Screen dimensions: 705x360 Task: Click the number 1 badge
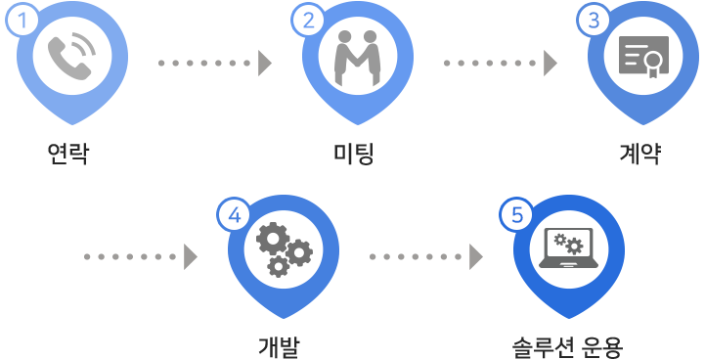click(22, 20)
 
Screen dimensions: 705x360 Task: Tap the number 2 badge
click(308, 20)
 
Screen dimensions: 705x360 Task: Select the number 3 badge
click(594, 20)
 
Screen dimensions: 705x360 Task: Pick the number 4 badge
click(235, 215)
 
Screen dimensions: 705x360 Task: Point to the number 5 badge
click(517, 215)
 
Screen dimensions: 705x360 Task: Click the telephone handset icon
click(71, 57)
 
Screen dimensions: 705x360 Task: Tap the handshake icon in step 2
click(358, 58)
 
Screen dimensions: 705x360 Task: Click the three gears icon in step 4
click(285, 250)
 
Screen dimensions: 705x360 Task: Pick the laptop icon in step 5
click(569, 247)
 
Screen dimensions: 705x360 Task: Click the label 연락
click(67, 154)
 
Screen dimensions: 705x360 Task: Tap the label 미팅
click(353, 154)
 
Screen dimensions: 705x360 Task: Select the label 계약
click(639, 154)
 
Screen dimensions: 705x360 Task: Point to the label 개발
click(279, 347)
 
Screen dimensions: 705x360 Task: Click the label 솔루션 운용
click(567, 347)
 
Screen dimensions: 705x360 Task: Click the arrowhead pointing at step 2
click(264, 63)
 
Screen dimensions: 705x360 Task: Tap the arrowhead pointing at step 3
click(551, 63)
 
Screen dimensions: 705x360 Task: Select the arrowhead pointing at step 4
click(191, 257)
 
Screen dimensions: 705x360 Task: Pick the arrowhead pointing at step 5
click(475, 257)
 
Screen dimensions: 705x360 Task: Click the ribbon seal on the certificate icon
click(652, 62)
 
